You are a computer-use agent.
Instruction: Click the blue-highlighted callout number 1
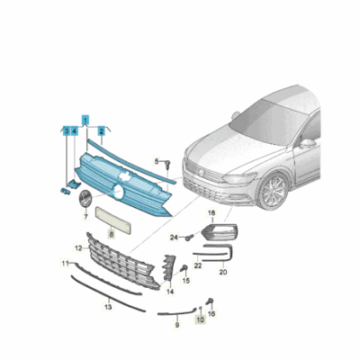click(x=85, y=121)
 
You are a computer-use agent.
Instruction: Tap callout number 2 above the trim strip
click(x=102, y=131)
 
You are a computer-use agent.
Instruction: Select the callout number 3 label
click(x=67, y=130)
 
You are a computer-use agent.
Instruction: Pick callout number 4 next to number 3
click(x=74, y=130)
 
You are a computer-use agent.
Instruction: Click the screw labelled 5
click(x=167, y=164)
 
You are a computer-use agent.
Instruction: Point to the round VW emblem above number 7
click(x=85, y=198)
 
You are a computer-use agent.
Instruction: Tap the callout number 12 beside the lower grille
click(x=78, y=248)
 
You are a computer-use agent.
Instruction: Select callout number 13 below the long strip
click(x=108, y=307)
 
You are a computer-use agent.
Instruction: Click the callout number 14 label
click(x=170, y=291)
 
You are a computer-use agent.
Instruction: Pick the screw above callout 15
click(x=184, y=268)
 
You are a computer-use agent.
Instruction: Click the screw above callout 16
click(x=211, y=301)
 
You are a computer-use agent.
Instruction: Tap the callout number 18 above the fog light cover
click(x=211, y=213)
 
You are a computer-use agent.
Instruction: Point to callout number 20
click(x=223, y=272)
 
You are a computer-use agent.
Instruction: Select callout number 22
click(x=198, y=265)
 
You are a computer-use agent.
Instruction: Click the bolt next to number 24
click(x=188, y=238)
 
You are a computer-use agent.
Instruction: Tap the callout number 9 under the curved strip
click(x=177, y=325)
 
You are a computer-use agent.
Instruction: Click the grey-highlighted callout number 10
click(x=200, y=319)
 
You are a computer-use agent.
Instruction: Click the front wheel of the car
click(x=274, y=191)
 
